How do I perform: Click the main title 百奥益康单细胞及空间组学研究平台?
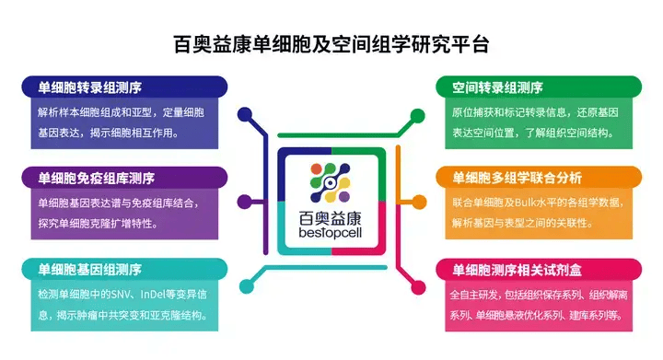click(331, 43)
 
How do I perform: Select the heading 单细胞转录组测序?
click(89, 87)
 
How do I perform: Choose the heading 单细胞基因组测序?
click(89, 269)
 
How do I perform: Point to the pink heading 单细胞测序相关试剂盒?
click(517, 270)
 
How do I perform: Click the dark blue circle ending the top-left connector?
click(244, 113)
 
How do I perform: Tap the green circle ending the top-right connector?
click(419, 113)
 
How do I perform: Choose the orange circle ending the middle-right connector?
click(421, 202)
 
